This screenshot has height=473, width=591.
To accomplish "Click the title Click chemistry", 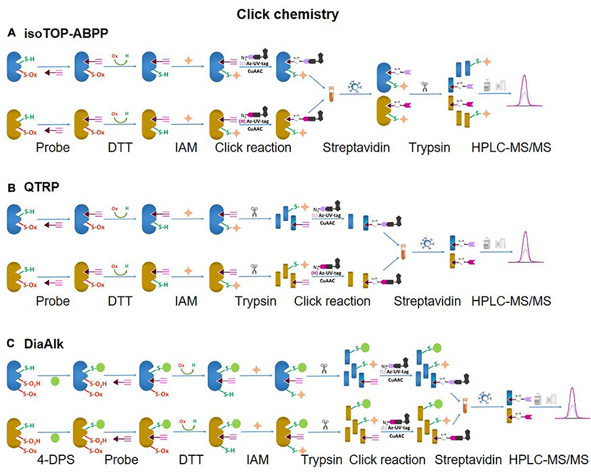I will (295, 14).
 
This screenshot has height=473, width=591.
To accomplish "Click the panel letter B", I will (10, 190).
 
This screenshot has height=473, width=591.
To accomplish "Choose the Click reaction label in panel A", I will (254, 147).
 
